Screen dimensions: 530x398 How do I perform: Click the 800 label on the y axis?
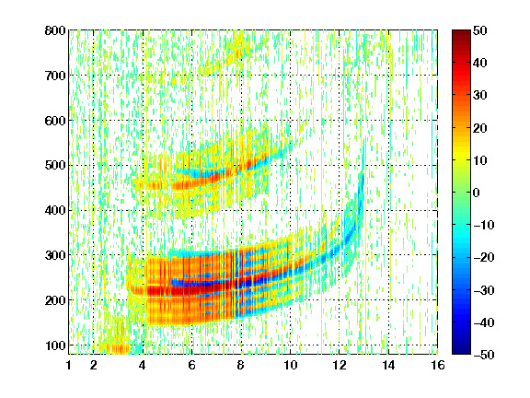[55, 30]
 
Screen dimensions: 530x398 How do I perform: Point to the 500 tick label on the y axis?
[55, 166]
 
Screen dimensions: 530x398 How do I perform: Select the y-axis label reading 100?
[55, 345]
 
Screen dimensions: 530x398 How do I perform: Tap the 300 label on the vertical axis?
[55, 255]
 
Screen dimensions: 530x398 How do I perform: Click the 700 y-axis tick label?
[55, 76]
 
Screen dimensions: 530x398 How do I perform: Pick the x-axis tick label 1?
[69, 365]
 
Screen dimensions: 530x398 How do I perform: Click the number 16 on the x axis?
[438, 365]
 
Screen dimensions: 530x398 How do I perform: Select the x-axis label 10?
[291, 365]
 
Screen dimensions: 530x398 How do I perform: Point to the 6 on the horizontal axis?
[192, 365]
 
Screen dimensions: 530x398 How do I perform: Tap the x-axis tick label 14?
[388, 365]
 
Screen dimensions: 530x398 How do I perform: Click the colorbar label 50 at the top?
[480, 30]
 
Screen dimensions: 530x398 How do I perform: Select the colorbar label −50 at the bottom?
[484, 355]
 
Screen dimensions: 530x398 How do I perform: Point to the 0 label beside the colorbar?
[477, 193]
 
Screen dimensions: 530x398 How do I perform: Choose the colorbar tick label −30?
[484, 290]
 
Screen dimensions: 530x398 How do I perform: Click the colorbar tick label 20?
[480, 128]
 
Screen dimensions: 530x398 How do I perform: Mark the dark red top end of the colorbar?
[461, 31]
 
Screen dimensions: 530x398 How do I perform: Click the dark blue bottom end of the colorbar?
[461, 353]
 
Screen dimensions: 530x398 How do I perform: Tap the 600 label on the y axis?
[55, 121]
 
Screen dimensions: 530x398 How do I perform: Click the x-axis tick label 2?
[94, 365]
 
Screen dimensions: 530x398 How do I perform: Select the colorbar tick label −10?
[484, 225]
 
